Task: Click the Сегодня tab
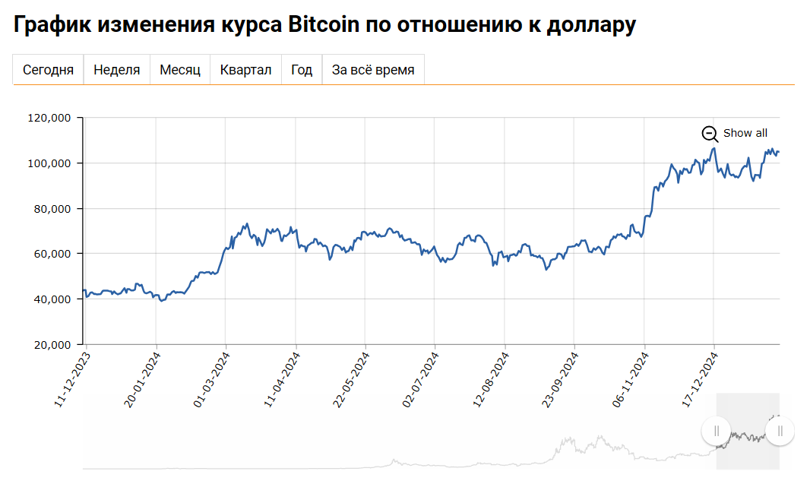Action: [48, 70]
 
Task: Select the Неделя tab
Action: [116, 70]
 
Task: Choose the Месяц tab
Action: [180, 70]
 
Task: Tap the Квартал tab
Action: [245, 70]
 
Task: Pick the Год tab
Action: [302, 70]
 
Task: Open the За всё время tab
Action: [373, 70]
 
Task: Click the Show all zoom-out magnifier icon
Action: [710, 134]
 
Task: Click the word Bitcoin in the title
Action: [324, 24]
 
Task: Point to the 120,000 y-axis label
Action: [49, 118]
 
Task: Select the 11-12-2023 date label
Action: [71, 378]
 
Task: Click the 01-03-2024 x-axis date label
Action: [210, 378]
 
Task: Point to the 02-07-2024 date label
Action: [420, 378]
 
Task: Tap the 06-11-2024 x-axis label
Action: [629, 378]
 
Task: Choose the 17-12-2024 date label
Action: [699, 378]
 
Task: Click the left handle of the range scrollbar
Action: [716, 431]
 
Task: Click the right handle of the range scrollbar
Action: [780, 431]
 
